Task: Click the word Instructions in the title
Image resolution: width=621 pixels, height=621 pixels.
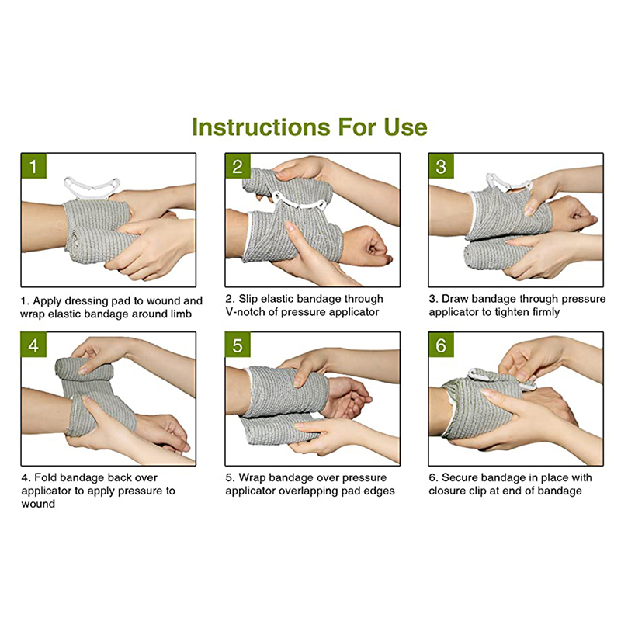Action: (261, 127)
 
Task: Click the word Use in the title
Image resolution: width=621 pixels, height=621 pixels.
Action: (405, 127)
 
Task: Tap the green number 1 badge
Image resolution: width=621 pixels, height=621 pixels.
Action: (33, 166)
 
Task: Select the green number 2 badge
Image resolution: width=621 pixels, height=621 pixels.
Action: (238, 166)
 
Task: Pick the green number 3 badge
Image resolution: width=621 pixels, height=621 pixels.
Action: (441, 166)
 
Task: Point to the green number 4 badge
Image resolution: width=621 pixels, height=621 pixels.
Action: (33, 345)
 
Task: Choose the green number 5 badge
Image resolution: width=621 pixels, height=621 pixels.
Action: (238, 345)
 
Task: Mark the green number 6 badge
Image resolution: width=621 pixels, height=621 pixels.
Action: (441, 345)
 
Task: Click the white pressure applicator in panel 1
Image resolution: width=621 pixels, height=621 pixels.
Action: (92, 188)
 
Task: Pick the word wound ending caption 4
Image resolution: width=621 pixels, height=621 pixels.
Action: (38, 504)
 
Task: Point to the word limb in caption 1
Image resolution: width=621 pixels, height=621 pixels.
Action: (181, 314)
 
